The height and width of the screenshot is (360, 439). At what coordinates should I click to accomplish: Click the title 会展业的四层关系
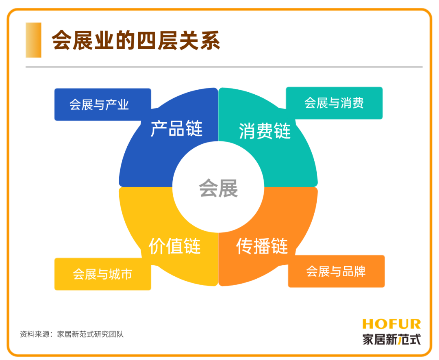pyautogui.click(x=136, y=40)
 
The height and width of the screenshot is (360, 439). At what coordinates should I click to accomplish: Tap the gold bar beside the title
pyautogui.click(x=33, y=40)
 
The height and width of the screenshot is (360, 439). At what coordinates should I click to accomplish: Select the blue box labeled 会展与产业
pyautogui.click(x=102, y=104)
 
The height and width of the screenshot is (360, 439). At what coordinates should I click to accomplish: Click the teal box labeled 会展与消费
pyautogui.click(x=334, y=103)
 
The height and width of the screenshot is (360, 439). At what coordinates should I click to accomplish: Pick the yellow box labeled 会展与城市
pyautogui.click(x=102, y=274)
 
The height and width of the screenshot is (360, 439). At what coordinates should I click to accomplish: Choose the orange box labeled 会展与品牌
pyautogui.click(x=336, y=271)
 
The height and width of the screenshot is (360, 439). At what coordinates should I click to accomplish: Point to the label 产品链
pyautogui.click(x=176, y=128)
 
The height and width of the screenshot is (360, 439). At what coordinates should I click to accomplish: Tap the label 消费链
pyautogui.click(x=265, y=131)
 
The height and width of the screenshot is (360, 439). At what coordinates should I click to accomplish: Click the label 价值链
pyautogui.click(x=175, y=246)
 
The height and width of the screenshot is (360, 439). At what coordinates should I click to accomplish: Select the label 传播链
pyautogui.click(x=262, y=246)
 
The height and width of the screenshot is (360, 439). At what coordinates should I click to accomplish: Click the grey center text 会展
pyautogui.click(x=218, y=188)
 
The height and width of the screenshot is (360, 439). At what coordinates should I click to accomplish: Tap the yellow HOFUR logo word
pyautogui.click(x=391, y=324)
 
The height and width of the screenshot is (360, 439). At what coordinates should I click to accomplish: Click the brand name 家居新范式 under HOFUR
pyautogui.click(x=391, y=339)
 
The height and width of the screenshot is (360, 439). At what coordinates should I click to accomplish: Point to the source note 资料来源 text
pyautogui.click(x=72, y=334)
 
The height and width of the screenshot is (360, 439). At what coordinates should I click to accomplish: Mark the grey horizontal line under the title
pyautogui.click(x=224, y=67)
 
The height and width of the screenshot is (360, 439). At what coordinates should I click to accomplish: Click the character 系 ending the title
pyautogui.click(x=210, y=40)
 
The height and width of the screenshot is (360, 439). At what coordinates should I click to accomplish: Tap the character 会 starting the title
pyautogui.click(x=62, y=40)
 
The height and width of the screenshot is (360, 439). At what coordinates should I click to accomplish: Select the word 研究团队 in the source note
pyautogui.click(x=109, y=334)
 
